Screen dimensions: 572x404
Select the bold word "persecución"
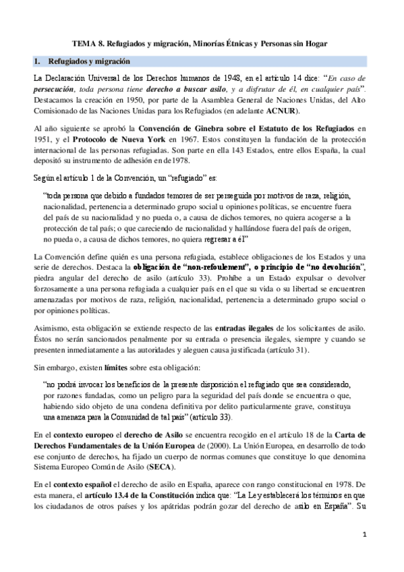pyautogui.click(x=56, y=89)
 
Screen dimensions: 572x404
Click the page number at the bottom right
pyautogui.click(x=364, y=554)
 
